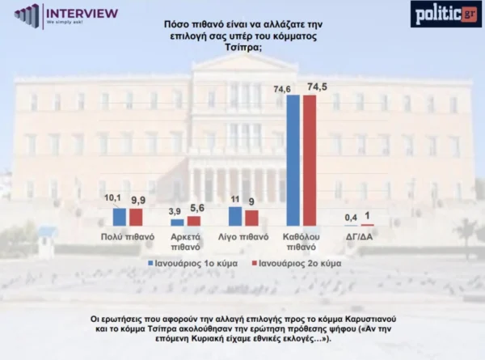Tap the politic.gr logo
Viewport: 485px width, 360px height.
click(x=445, y=14)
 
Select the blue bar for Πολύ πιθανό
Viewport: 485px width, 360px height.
click(x=120, y=217)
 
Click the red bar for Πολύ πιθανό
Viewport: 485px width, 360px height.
click(x=135, y=217)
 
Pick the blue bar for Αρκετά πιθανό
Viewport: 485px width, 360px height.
click(x=178, y=222)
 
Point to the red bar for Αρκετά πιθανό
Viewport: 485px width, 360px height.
click(x=193, y=220)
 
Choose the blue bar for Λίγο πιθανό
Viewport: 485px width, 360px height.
click(x=235, y=216)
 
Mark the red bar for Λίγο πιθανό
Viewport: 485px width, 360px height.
click(x=251, y=218)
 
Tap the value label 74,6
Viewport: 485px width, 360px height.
click(x=283, y=89)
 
